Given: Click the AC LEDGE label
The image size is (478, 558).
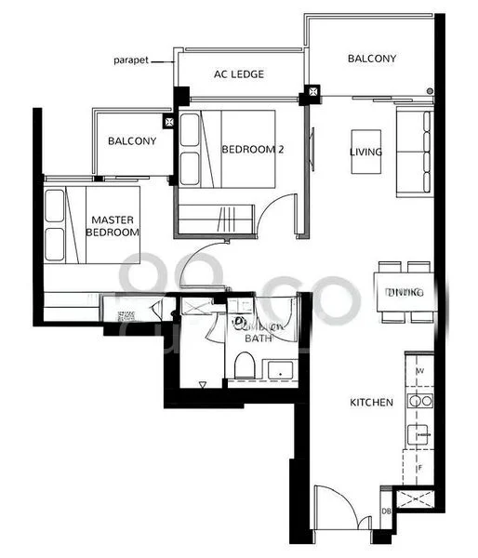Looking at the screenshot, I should [x=239, y=74].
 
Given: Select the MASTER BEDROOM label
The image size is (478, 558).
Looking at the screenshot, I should [x=113, y=226].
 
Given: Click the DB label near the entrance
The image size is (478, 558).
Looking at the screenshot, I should [x=386, y=511].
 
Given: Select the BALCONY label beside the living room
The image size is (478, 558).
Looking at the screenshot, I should [x=372, y=59].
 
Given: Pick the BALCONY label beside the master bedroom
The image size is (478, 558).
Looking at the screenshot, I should [x=131, y=141].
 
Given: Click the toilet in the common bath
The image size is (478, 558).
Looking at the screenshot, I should [x=245, y=367].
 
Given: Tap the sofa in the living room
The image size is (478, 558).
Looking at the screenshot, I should [x=414, y=151].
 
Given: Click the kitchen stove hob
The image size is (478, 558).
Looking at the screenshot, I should [x=420, y=402].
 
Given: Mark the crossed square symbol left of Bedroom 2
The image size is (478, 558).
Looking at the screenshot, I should [x=168, y=121].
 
